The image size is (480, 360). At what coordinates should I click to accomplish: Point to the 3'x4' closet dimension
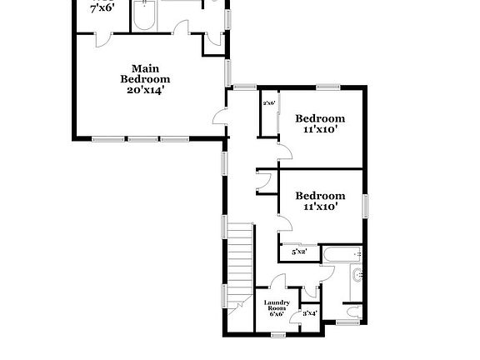click(x=309, y=313)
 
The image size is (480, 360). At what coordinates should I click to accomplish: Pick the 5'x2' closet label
click(x=298, y=251)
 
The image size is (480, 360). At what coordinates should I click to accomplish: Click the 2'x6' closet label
click(x=269, y=103)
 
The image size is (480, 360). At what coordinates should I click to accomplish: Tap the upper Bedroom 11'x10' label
click(x=320, y=123)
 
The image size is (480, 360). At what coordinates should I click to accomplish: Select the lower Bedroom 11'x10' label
click(x=320, y=201)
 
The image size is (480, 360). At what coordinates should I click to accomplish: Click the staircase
click(x=240, y=265)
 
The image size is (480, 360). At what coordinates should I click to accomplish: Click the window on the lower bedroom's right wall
click(x=365, y=204)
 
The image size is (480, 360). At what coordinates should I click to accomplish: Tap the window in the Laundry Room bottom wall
click(x=277, y=334)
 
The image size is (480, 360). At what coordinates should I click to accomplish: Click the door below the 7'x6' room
click(x=101, y=40)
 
